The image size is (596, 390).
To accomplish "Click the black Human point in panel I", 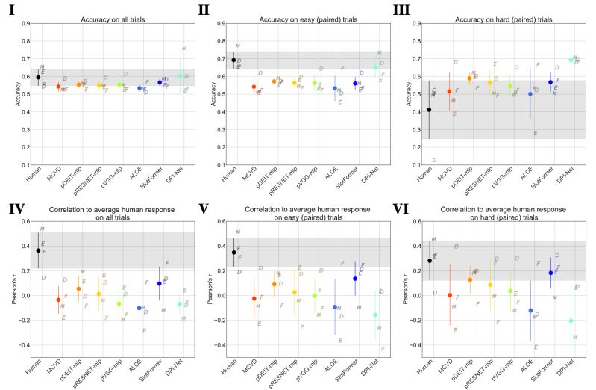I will (x=38, y=77).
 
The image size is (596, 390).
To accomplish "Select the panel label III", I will (x=413, y=9).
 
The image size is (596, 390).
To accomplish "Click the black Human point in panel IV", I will (x=38, y=251).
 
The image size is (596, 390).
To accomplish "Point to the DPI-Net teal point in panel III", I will (x=571, y=60).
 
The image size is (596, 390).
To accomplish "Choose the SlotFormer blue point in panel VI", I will (x=550, y=273).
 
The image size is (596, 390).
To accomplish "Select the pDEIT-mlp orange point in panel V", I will (x=274, y=284).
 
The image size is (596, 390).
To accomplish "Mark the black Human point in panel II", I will (x=233, y=60).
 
